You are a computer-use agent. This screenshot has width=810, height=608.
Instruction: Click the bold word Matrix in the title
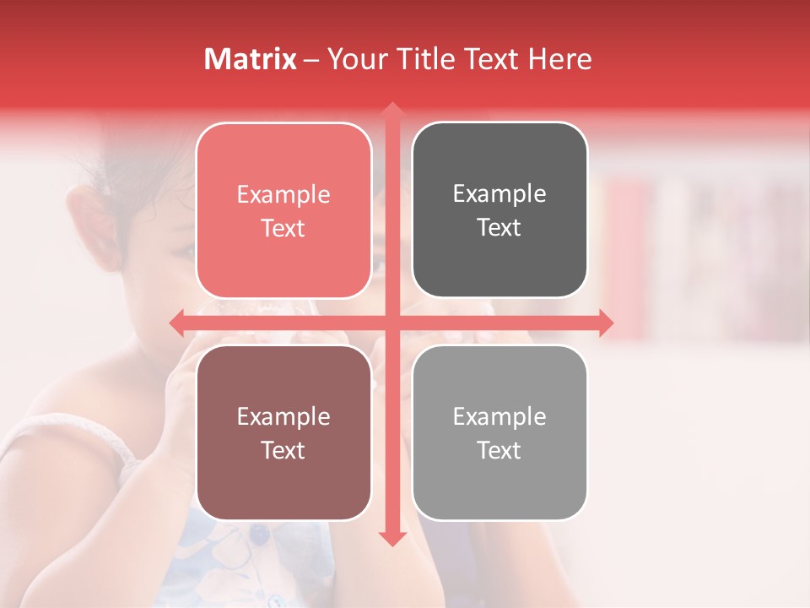tap(251, 59)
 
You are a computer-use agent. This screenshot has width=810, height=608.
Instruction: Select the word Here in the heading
tap(559, 59)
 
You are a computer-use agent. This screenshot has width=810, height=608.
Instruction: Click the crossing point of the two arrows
tap(391, 323)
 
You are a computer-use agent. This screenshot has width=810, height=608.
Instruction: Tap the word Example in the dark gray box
tap(499, 194)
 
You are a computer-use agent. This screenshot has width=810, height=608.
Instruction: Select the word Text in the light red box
tap(283, 228)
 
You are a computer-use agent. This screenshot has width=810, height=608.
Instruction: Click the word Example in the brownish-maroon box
tap(283, 416)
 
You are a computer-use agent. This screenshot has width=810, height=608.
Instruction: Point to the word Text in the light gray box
tap(499, 450)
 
